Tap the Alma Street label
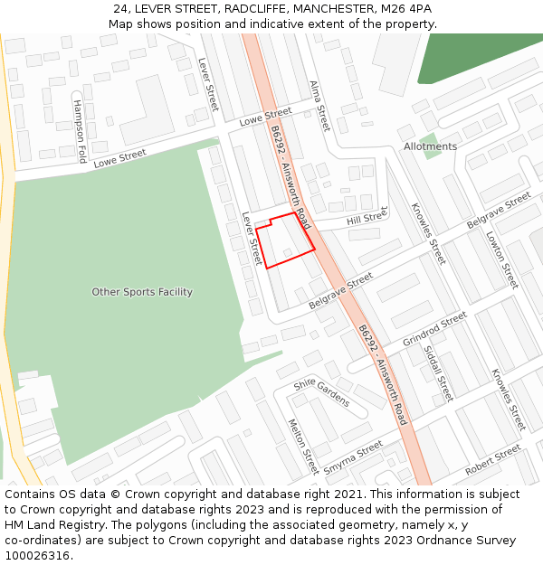[x=319, y=105]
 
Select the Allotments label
[x=430, y=146]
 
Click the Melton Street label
[x=302, y=447]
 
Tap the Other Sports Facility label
[x=142, y=292]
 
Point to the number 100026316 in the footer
[x=37, y=556]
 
